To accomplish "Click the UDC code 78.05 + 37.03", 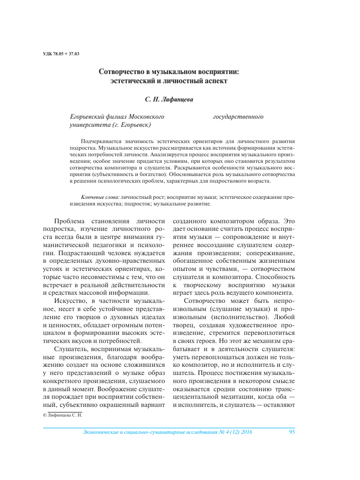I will pos(62,54).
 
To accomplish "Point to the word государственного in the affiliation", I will pos(238,116).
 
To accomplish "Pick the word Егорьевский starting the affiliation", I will pos(86,116).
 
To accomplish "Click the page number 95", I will pos(291,432).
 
